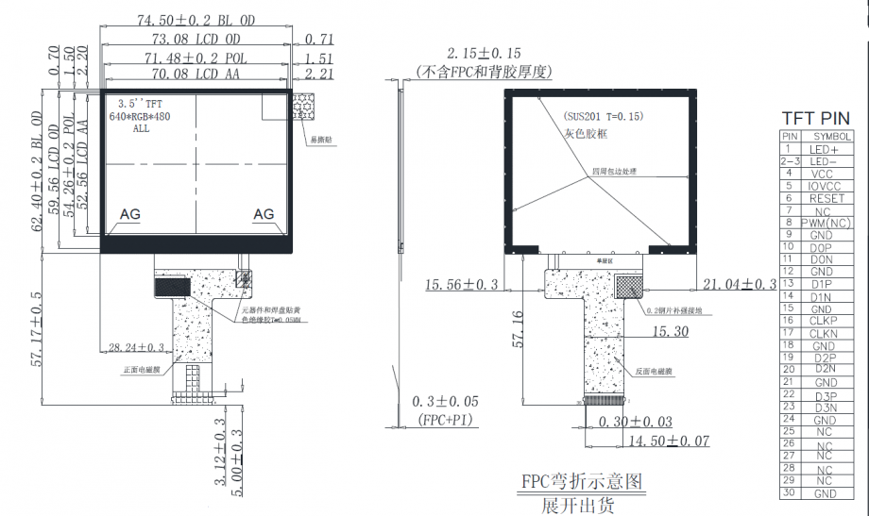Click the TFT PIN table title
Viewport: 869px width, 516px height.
(815, 118)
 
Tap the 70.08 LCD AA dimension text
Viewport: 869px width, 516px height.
(196, 73)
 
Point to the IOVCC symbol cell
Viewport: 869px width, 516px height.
(823, 186)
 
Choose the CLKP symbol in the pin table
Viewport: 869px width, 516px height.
(823, 321)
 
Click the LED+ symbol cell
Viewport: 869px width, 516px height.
(823, 149)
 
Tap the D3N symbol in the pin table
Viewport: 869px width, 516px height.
(823, 407)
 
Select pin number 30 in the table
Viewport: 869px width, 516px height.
(789, 492)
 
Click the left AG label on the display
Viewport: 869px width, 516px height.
(129, 215)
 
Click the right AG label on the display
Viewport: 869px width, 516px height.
(264, 214)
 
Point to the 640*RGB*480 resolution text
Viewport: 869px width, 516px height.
(140, 116)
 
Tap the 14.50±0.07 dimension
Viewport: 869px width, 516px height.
(669, 440)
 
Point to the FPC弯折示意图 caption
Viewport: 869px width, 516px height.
(582, 481)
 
